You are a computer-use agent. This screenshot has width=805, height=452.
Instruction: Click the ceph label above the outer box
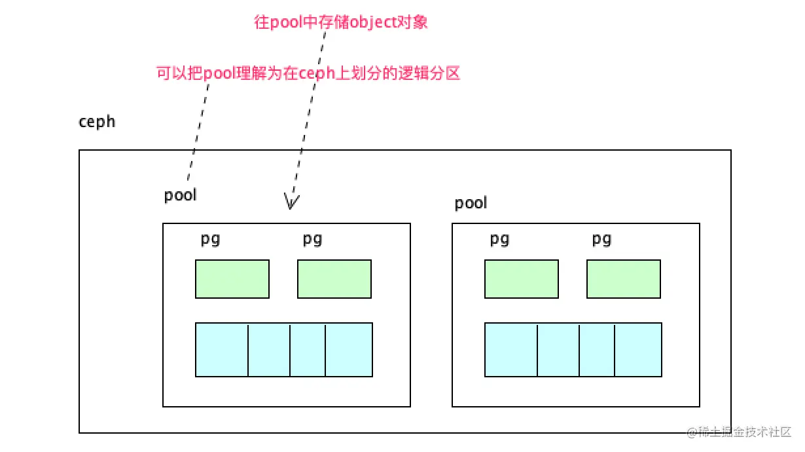click(x=97, y=122)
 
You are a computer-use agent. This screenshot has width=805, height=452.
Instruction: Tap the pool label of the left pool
click(x=180, y=195)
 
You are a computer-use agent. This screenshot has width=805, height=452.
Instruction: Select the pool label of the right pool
click(x=471, y=203)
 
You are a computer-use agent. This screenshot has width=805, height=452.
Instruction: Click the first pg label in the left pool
click(x=210, y=240)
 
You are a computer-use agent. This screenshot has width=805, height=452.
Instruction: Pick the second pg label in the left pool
click(x=312, y=240)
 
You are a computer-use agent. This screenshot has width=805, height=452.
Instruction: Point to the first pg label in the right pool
click(x=499, y=240)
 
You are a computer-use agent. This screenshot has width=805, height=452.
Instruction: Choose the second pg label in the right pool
click(x=601, y=240)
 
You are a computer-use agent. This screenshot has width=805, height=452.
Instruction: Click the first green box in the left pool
click(x=232, y=279)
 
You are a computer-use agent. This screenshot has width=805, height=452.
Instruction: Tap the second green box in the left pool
click(x=334, y=279)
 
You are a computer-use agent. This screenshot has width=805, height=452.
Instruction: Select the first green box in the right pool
click(x=522, y=279)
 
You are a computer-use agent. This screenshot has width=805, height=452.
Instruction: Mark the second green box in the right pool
click(x=624, y=279)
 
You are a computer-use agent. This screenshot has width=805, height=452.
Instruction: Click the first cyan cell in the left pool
click(x=222, y=350)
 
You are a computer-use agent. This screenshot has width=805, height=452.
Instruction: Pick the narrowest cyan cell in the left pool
click(x=308, y=350)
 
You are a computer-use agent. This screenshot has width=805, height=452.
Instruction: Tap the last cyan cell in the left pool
click(x=349, y=350)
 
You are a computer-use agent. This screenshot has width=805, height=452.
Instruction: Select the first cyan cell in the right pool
click(x=511, y=350)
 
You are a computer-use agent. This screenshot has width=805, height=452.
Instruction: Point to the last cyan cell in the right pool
click(x=638, y=350)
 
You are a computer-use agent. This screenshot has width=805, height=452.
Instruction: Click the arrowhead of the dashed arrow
click(x=291, y=202)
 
